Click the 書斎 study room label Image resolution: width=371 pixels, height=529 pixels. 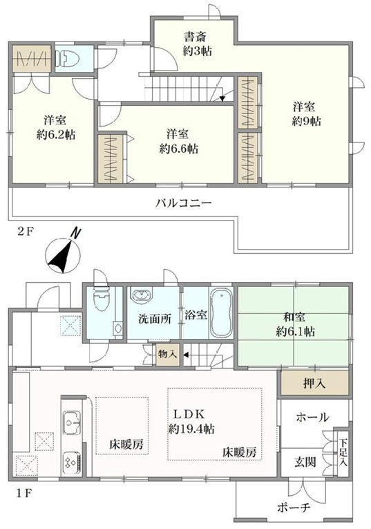point(195,37)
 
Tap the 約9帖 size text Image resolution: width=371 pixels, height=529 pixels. point(306,121)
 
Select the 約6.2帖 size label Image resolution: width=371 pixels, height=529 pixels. point(56,135)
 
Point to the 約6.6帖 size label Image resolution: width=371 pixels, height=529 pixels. point(179,149)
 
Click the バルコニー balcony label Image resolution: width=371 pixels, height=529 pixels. point(184,203)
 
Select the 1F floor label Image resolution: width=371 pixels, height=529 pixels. point(24,494)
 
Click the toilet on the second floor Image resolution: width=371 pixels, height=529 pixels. point(67,59)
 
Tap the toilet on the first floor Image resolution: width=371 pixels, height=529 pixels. point(102,299)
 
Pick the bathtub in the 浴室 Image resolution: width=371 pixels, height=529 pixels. point(221,313)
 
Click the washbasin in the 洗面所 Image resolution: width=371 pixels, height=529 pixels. point(142,295)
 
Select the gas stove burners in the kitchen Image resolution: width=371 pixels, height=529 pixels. point(71,463)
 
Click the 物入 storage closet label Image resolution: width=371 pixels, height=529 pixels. point(167,354)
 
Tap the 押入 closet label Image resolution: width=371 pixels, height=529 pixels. point(314,384)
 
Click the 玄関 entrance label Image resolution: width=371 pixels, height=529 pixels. point(305,462)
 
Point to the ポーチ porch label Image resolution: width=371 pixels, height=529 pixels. point(294,507)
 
